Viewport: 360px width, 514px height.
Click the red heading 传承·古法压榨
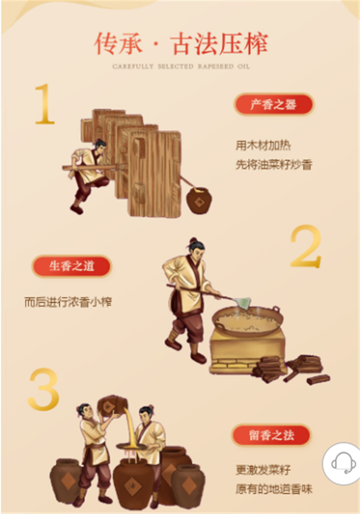(x=181, y=44)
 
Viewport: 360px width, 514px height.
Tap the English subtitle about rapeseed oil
(x=181, y=66)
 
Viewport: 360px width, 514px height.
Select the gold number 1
(x=44, y=104)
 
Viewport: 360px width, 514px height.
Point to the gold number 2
(x=306, y=246)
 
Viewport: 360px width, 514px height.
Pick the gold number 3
(x=44, y=389)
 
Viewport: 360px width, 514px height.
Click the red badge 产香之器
(x=273, y=105)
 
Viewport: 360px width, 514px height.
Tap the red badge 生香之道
(x=72, y=266)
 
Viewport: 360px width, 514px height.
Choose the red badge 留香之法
(x=271, y=435)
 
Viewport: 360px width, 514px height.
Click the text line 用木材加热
(x=263, y=145)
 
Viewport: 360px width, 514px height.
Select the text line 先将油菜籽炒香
(x=274, y=165)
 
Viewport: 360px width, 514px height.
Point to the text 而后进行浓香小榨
(x=68, y=302)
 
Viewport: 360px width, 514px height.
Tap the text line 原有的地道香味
(x=274, y=489)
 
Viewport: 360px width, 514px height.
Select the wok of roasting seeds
(x=247, y=321)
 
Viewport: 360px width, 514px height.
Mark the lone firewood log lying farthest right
(x=318, y=379)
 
